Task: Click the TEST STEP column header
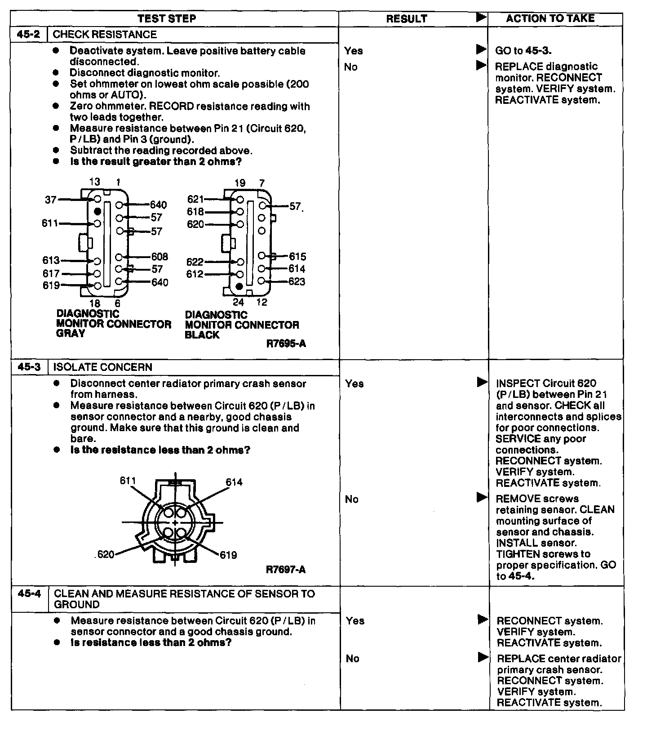point(167,18)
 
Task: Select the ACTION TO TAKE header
point(550,18)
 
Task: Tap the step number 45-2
point(29,35)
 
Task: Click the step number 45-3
point(29,367)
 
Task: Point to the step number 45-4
point(30,593)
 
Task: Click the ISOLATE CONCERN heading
point(103,367)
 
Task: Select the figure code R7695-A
point(286,344)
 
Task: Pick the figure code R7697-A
point(286,570)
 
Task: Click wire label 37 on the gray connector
point(51,200)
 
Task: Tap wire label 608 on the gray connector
point(160,257)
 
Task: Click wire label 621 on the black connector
point(195,199)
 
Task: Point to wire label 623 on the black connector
point(297,282)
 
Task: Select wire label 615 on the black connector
point(297,257)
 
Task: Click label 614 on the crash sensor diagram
point(234,482)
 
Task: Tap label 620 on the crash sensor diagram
point(106,554)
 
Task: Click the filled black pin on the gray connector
point(97,211)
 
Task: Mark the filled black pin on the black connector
point(239,286)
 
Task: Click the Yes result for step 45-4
point(355,621)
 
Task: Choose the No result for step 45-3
point(352,499)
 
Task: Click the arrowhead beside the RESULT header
point(481,18)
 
